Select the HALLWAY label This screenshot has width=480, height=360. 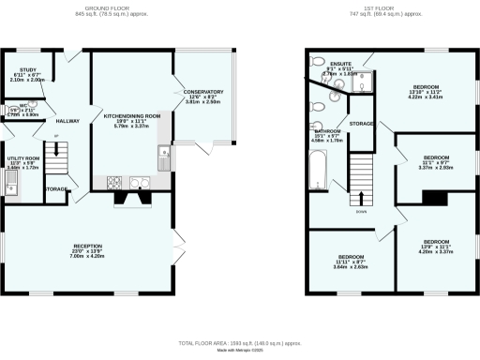68,121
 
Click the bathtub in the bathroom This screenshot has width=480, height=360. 320,172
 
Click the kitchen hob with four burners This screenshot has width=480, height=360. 117,182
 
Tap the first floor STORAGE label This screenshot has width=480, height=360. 362,123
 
